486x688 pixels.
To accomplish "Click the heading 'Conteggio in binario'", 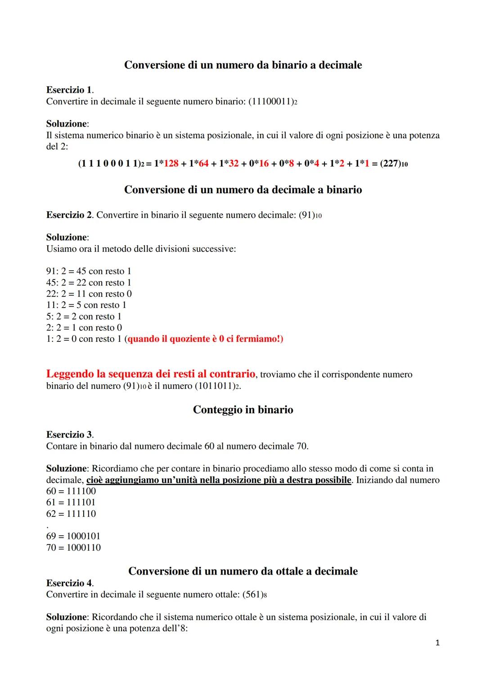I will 243,410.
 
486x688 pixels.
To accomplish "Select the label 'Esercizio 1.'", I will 70,90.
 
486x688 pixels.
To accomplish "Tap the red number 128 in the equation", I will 171,163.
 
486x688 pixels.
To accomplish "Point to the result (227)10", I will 394,163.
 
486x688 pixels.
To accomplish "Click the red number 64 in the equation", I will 203,163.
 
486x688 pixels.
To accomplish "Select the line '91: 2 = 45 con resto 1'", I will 89,271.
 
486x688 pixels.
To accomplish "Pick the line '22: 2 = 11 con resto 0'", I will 89,294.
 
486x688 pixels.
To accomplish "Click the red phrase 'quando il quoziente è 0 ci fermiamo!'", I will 205,339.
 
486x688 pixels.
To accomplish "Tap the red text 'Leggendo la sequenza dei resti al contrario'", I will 151,374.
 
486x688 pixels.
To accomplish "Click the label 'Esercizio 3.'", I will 70,435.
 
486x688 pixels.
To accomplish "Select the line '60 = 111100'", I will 71,491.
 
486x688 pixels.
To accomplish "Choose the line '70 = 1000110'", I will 73,548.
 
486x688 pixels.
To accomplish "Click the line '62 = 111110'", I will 71,514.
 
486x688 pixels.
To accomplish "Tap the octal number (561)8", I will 254,594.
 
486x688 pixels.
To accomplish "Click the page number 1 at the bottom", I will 437,643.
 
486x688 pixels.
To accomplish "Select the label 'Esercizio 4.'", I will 70,583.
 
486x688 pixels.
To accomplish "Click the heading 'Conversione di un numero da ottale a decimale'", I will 243,571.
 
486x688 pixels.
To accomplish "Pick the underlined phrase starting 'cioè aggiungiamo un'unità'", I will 219,480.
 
